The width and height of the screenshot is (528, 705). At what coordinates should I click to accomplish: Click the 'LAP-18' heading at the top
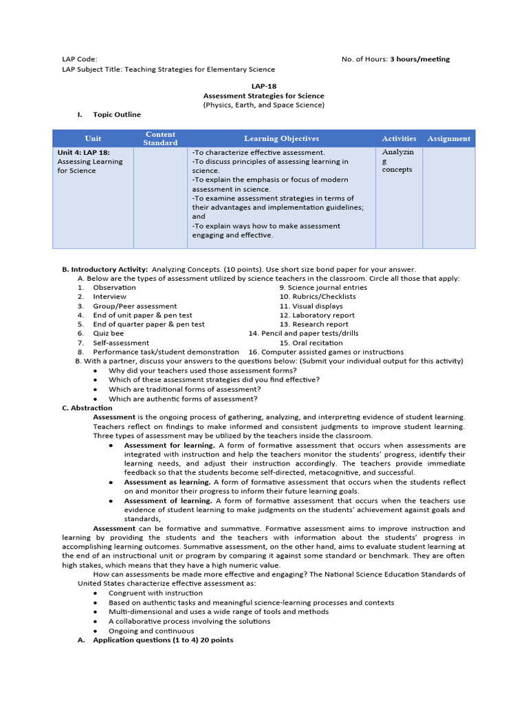pos(263,87)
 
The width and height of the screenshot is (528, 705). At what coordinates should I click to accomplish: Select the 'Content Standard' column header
pos(159,138)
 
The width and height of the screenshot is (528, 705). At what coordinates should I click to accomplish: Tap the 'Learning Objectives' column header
pos(281,138)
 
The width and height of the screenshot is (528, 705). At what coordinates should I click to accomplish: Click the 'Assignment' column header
pos(448,138)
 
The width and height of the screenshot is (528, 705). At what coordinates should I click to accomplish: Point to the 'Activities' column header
pos(399,138)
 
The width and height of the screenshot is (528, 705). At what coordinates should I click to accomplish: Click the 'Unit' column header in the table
pos(93,138)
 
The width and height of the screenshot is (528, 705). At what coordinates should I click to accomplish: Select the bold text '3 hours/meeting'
pos(419,59)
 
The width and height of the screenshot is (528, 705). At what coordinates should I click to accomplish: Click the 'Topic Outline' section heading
pos(117,114)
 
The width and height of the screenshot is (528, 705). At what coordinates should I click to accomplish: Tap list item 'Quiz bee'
pos(109,333)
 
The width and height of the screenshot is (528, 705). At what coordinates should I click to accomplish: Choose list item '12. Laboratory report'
pos(317,315)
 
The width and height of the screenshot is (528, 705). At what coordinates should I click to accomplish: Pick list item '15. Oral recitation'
pos(311,342)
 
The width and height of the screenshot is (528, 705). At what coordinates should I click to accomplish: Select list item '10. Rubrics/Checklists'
pos(318,297)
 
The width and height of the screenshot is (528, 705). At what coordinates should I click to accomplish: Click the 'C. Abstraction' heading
pos(87,408)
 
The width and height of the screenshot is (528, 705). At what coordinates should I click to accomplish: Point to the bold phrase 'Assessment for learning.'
pos(169,445)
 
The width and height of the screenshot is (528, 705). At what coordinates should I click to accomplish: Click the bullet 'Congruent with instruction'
pos(155,593)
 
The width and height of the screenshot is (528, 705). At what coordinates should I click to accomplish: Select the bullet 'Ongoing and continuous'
pos(151,631)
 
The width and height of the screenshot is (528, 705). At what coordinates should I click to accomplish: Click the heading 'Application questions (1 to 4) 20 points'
pos(163,640)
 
